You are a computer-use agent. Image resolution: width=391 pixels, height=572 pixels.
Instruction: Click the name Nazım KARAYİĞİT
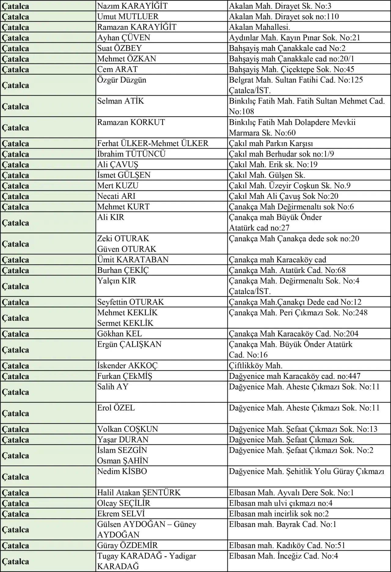coord(132,6)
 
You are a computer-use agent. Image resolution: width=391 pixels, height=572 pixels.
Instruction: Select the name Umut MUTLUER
coord(128,16)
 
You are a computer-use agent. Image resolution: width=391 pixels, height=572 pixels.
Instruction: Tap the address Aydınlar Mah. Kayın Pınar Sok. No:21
coord(294,38)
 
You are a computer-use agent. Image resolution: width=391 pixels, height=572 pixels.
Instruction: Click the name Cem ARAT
coord(117,69)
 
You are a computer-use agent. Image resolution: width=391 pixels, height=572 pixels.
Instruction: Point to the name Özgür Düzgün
coord(122,80)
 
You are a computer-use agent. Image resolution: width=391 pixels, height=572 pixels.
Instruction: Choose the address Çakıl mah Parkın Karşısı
coord(271,143)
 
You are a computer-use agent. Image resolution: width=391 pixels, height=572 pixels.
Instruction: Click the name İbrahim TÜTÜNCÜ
coord(131,154)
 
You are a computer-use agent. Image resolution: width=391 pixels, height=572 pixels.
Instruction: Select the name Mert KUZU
coord(118,186)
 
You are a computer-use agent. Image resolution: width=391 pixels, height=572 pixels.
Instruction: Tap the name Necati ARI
coord(116,196)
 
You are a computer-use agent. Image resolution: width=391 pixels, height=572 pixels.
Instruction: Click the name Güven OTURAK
coord(126,249)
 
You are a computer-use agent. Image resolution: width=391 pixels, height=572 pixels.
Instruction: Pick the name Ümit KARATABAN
coord(133,260)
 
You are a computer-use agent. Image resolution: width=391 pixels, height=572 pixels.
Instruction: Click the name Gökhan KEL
coord(119,334)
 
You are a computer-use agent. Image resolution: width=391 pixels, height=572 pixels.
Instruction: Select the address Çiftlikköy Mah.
coord(255,365)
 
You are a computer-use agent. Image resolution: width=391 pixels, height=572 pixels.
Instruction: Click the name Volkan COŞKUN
coord(127,429)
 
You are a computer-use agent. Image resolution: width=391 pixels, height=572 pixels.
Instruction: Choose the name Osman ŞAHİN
coord(122,461)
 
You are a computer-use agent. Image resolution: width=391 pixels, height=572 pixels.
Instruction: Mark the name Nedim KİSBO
coord(122,471)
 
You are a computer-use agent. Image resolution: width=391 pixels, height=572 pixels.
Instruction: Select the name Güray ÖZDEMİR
coord(127,545)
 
